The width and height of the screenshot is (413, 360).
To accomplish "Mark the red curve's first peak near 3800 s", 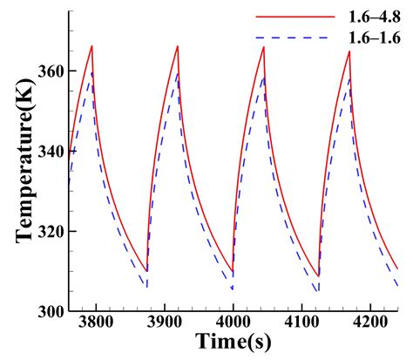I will [91, 46].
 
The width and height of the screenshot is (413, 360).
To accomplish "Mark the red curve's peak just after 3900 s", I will [178, 46].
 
